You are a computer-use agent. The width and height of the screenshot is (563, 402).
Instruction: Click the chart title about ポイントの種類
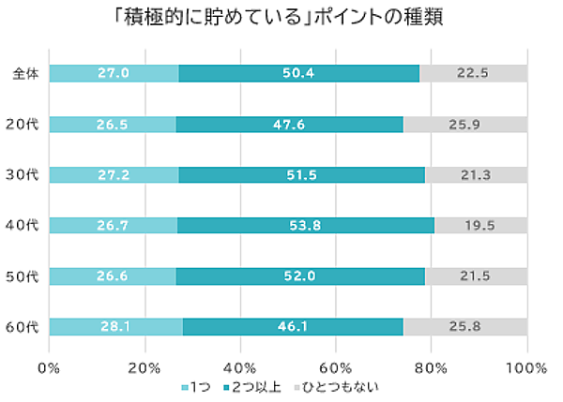point(281,18)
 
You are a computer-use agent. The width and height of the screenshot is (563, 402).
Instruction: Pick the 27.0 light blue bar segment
point(113,73)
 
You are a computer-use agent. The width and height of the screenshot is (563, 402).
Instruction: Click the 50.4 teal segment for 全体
point(298,73)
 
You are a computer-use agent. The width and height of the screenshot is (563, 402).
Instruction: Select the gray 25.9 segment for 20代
point(465,124)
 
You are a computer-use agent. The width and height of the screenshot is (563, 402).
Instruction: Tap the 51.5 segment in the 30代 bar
point(301,174)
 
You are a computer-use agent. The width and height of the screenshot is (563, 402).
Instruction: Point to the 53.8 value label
point(305,225)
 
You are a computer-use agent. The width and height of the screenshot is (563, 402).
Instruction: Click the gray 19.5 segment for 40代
point(480,225)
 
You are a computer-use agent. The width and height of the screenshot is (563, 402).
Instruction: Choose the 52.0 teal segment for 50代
point(300,275)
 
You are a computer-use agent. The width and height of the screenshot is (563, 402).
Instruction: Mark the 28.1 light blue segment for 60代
point(115,326)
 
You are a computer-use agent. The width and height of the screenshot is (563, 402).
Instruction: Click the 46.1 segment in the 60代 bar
point(293,326)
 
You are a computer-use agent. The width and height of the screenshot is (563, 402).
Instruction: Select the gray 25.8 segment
point(465,326)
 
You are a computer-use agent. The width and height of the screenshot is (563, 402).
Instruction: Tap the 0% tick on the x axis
point(49,366)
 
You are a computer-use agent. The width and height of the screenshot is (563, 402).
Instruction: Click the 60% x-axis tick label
point(336,366)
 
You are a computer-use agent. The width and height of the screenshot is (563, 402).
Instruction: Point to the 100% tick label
point(526,366)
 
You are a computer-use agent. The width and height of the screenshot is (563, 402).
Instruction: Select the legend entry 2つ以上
point(251,387)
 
